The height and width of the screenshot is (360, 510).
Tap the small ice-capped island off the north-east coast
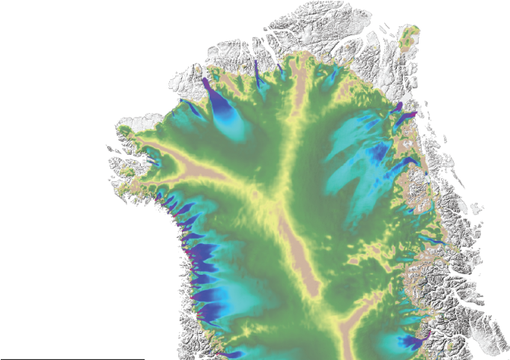click(x=410, y=34)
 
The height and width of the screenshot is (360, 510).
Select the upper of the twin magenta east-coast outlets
click(x=396, y=108)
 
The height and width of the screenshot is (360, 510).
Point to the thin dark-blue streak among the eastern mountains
click(x=430, y=240)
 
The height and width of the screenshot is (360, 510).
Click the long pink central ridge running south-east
click(x=292, y=240)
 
